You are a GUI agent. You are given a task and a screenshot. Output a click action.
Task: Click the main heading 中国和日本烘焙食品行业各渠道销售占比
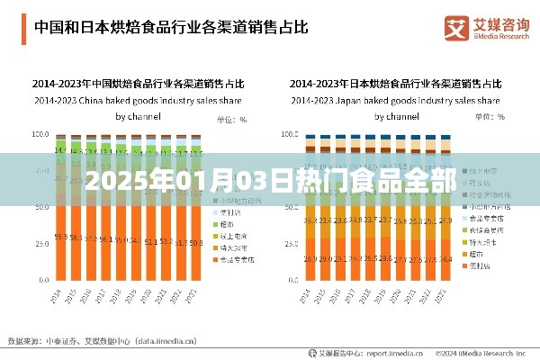[x=171, y=26]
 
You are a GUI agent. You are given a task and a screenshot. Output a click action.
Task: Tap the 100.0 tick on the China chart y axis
[x=39, y=134]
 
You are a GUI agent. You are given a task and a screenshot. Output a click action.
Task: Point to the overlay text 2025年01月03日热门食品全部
[x=270, y=177]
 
